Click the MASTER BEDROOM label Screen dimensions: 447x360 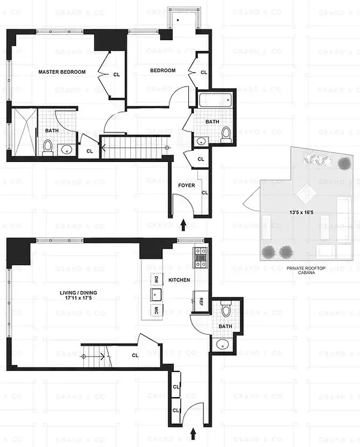tap(61, 72)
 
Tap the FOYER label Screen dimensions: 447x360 tap(186, 185)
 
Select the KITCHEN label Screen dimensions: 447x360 tap(179, 280)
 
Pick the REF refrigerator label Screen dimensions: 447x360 tap(200, 302)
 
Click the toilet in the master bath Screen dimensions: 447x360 tap(48, 148)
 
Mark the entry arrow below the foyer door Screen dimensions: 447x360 tap(184, 225)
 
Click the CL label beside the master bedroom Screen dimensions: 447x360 tap(116, 74)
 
